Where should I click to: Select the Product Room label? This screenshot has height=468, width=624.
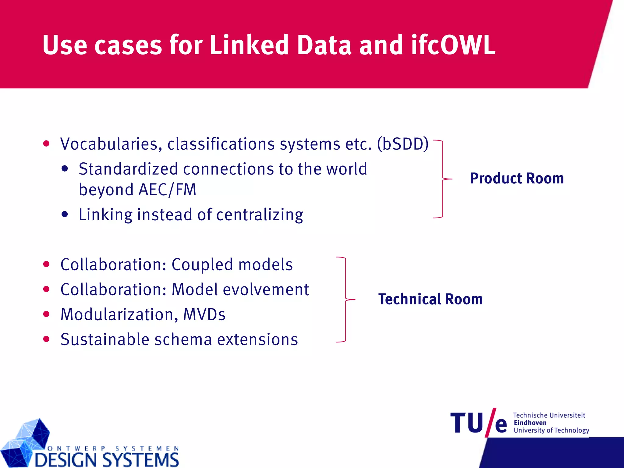(x=517, y=178)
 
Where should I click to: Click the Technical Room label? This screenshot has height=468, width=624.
(x=431, y=299)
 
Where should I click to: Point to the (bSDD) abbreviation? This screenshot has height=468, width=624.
(x=403, y=144)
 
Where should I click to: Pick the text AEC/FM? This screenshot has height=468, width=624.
(x=167, y=190)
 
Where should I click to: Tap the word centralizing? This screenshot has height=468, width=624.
(x=260, y=214)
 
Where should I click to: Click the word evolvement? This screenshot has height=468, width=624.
(x=266, y=289)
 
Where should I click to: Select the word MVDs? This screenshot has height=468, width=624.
(x=204, y=314)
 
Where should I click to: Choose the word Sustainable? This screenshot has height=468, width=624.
(x=105, y=339)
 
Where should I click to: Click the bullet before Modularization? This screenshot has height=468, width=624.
(x=46, y=314)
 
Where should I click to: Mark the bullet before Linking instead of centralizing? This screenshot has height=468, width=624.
(x=65, y=214)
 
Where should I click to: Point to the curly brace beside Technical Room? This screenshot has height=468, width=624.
(x=346, y=300)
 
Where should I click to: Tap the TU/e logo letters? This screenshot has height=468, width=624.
(x=478, y=423)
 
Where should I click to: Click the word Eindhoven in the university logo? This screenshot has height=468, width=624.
(x=530, y=423)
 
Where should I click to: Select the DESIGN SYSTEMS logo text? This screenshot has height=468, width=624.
(x=107, y=459)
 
